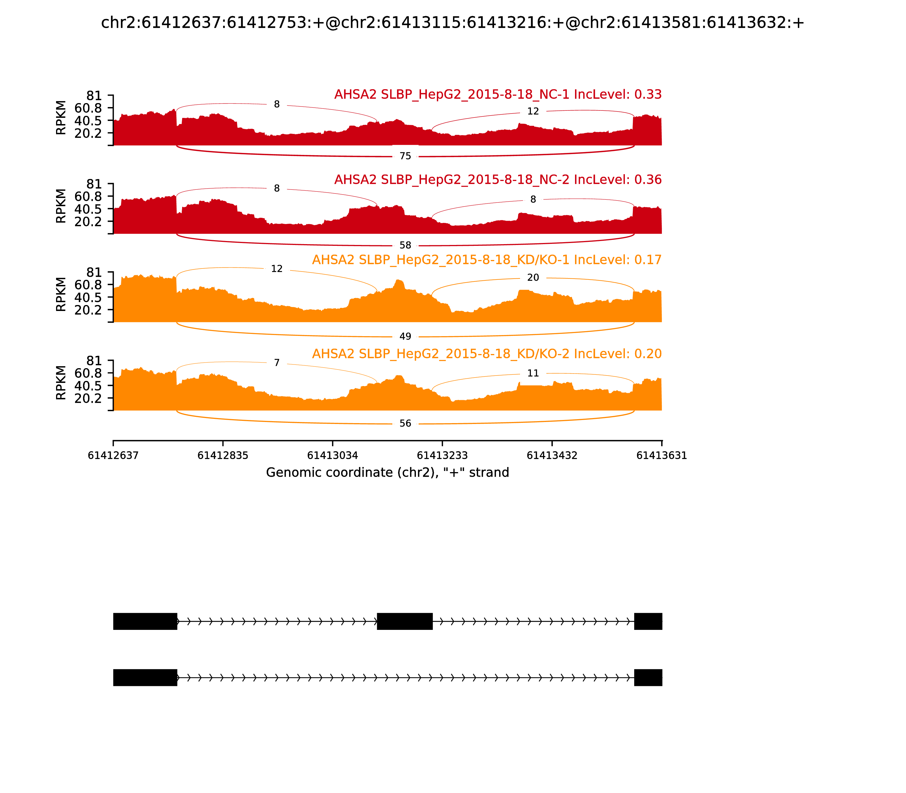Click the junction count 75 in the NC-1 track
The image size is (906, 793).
click(x=405, y=156)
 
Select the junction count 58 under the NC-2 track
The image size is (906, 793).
click(x=405, y=245)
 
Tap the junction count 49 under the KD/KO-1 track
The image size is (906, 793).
click(x=405, y=336)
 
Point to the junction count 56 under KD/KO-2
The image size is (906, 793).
click(x=405, y=423)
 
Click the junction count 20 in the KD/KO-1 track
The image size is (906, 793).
click(x=533, y=278)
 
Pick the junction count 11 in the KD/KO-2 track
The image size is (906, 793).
click(x=533, y=373)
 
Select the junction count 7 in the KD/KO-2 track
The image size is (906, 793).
click(x=277, y=363)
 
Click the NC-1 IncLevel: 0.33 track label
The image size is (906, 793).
click(x=498, y=94)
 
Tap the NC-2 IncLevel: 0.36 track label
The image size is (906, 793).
click(x=498, y=180)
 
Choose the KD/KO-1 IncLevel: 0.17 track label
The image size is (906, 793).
click(x=487, y=260)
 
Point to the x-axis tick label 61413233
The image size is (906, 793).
click(x=442, y=455)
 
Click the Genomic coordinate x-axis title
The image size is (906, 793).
click(x=388, y=473)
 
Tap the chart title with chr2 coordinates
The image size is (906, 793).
click(x=452, y=23)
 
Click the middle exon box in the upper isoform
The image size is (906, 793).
click(x=404, y=621)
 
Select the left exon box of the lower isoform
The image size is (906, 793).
click(x=145, y=677)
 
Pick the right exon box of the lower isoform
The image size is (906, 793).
click(x=648, y=677)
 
